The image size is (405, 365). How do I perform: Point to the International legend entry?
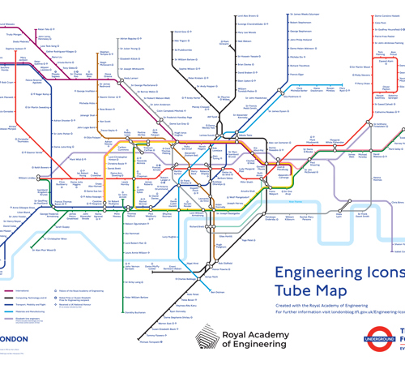tap(23, 290)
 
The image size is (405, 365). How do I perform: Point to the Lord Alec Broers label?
tap(246, 16)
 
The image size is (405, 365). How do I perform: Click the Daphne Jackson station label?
tap(14, 49)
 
